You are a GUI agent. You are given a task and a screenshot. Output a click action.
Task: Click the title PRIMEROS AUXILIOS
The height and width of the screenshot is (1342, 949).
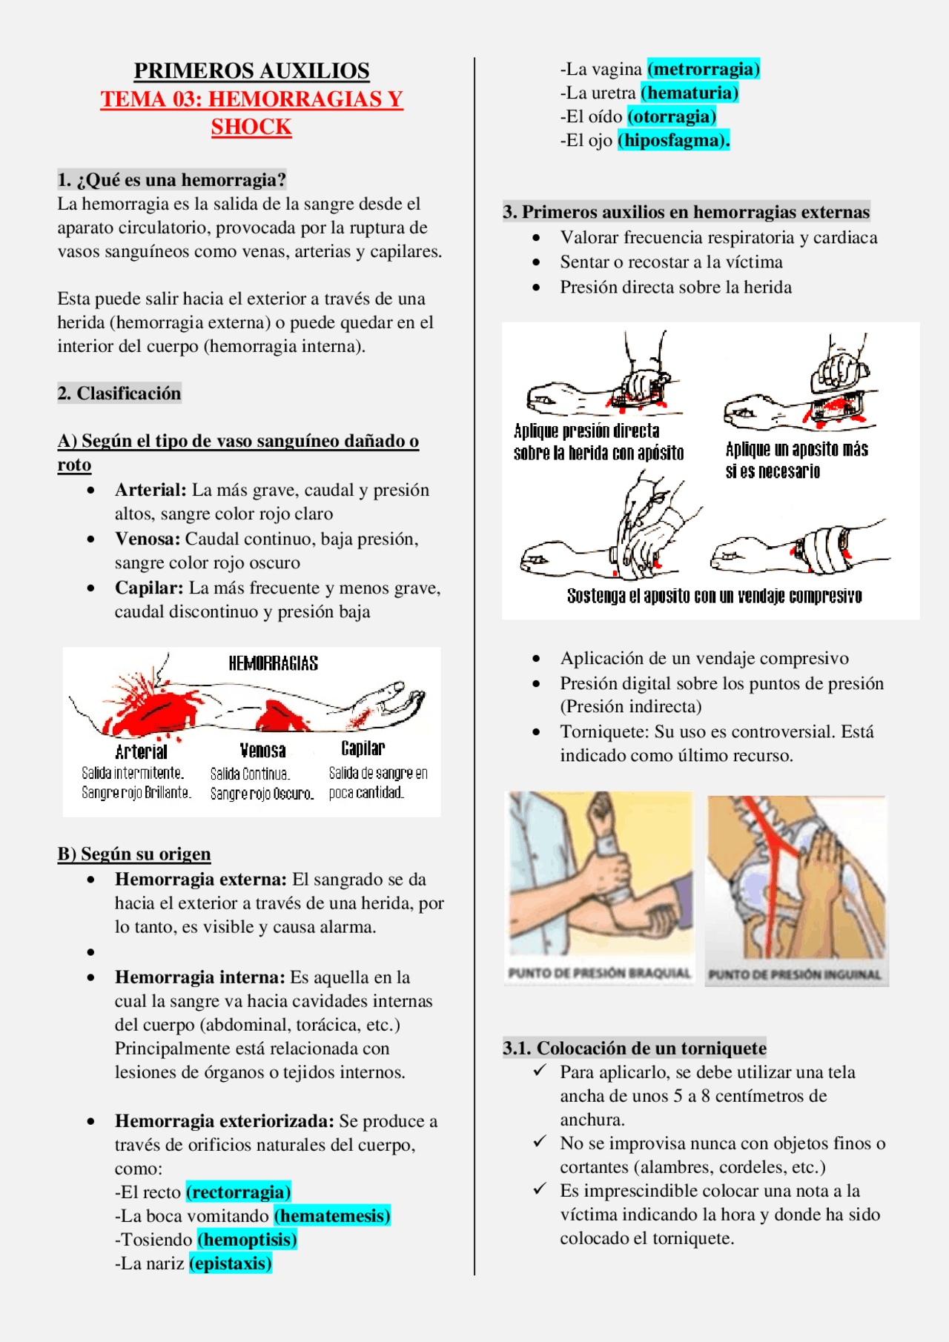point(251,71)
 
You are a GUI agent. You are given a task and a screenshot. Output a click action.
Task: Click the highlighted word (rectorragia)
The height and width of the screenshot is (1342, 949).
point(238,1192)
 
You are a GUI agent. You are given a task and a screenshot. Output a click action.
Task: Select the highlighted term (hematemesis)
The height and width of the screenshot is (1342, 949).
point(331,1215)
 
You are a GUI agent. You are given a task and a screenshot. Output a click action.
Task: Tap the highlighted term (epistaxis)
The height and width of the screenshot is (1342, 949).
point(231,1263)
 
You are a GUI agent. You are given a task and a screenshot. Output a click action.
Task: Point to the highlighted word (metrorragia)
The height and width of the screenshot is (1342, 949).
point(703,69)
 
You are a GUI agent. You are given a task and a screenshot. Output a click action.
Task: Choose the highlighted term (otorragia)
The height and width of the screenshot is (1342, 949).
point(671,116)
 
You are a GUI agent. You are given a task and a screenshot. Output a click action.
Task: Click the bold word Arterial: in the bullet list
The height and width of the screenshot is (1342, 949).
point(151,490)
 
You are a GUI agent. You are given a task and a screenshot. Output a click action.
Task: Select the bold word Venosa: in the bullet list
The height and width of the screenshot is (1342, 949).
point(147,539)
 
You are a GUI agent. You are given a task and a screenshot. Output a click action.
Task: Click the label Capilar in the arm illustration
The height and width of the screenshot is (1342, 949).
point(363,748)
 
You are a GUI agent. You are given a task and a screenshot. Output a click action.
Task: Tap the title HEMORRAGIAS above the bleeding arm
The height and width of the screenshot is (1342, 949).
point(273,663)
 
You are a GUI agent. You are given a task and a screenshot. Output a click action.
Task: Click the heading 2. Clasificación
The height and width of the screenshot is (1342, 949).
point(119,393)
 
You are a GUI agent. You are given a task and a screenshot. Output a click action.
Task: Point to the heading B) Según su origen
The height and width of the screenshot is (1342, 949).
point(134,854)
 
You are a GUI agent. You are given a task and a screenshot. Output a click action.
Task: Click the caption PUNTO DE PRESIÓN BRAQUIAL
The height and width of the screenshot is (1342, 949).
point(599,973)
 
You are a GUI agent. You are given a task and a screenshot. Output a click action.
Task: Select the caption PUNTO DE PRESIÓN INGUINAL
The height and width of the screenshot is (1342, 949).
point(795,974)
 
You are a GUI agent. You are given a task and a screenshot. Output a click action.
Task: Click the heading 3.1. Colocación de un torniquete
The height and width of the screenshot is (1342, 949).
point(634,1048)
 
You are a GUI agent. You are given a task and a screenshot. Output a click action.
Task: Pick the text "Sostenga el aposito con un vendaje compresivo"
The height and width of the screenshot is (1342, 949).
point(713,596)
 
